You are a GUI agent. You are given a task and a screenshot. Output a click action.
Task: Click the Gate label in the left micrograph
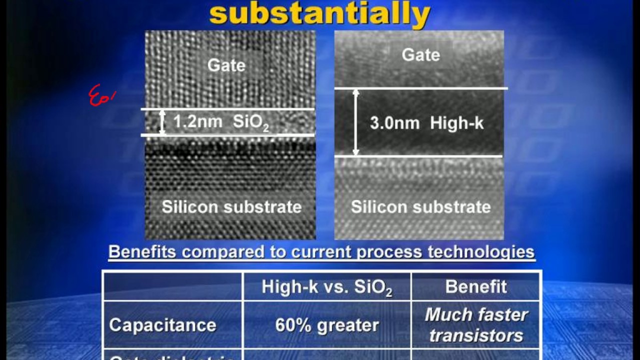226,65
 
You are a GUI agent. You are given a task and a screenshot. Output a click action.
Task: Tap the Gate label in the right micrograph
420,54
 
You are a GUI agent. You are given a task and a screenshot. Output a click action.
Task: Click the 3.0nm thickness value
394,123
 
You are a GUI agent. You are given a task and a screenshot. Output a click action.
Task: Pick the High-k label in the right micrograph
457,123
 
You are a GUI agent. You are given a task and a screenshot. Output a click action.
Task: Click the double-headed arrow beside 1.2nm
162,122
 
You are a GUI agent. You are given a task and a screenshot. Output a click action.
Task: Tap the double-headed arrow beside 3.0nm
355,122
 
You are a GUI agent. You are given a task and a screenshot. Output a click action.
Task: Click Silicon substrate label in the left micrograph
231,206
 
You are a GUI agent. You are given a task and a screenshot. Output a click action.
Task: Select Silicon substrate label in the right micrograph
420,206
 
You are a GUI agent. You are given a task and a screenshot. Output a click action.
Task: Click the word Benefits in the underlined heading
142,251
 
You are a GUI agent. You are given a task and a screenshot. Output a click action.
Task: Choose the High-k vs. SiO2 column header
326,287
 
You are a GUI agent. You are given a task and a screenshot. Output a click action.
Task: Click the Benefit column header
476,286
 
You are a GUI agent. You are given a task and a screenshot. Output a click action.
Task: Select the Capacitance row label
162,325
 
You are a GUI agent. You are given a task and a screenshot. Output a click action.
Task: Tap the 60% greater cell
327,325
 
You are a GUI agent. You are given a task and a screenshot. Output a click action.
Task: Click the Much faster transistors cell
476,325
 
